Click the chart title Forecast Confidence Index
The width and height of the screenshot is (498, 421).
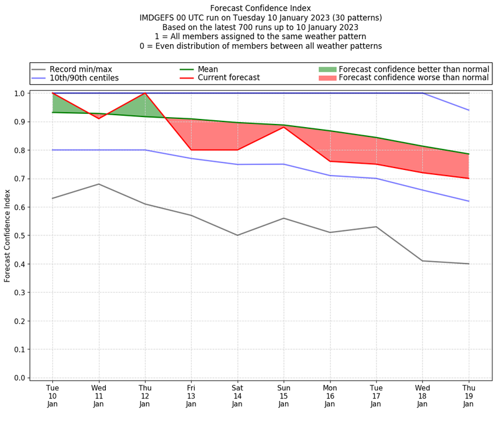pos(261,8)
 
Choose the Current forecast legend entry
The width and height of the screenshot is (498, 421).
pos(228,78)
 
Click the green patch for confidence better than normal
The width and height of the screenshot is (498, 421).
pos(327,69)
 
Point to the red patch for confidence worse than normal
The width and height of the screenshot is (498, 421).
pos(327,78)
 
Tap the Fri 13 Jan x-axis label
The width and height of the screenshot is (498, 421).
pos(191,395)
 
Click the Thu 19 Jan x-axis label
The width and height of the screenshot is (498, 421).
pos(468,395)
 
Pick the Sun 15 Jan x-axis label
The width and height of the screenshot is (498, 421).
pos(283,395)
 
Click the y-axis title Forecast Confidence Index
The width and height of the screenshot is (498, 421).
pos(7,235)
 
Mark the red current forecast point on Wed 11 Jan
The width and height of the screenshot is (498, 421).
pos(98,118)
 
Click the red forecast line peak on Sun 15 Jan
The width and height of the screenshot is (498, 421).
pos(284,127)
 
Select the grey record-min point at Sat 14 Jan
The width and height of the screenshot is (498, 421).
pos(237,235)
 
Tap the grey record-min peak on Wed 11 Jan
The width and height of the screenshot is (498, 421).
pos(98,184)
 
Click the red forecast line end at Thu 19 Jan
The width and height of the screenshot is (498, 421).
pos(468,178)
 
